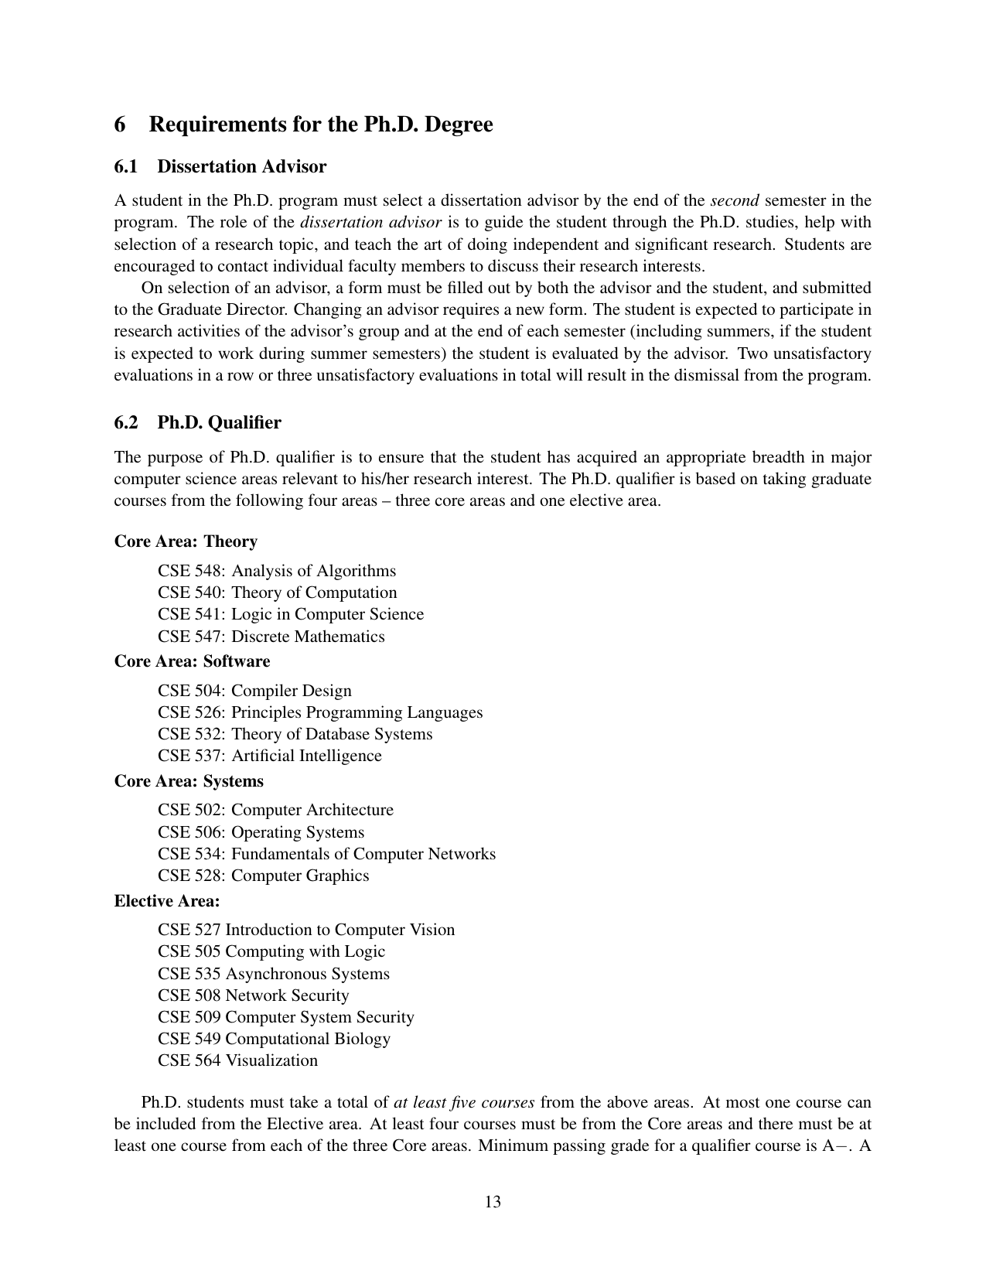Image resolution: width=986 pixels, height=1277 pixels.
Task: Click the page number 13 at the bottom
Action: (493, 1201)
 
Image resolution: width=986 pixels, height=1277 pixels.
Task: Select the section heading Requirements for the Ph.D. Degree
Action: (320, 125)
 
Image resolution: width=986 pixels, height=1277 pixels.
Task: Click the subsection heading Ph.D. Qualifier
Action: (219, 422)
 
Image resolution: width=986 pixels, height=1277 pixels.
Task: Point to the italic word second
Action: (734, 200)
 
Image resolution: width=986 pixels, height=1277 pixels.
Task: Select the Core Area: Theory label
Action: (186, 541)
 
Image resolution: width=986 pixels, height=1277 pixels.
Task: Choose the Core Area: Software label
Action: (192, 661)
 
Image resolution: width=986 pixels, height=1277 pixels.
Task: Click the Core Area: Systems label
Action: (189, 781)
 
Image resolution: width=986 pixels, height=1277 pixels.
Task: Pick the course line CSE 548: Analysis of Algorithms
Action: (277, 571)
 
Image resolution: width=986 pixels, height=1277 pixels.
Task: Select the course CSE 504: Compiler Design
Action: (254, 691)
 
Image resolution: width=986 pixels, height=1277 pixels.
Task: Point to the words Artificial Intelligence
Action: (306, 756)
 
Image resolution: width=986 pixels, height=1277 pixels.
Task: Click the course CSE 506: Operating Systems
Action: (261, 832)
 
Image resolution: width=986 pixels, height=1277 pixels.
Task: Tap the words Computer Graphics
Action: (300, 876)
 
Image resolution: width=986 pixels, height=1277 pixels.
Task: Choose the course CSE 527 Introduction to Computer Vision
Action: (306, 930)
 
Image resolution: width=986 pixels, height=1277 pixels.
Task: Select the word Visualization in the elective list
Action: (271, 1060)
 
